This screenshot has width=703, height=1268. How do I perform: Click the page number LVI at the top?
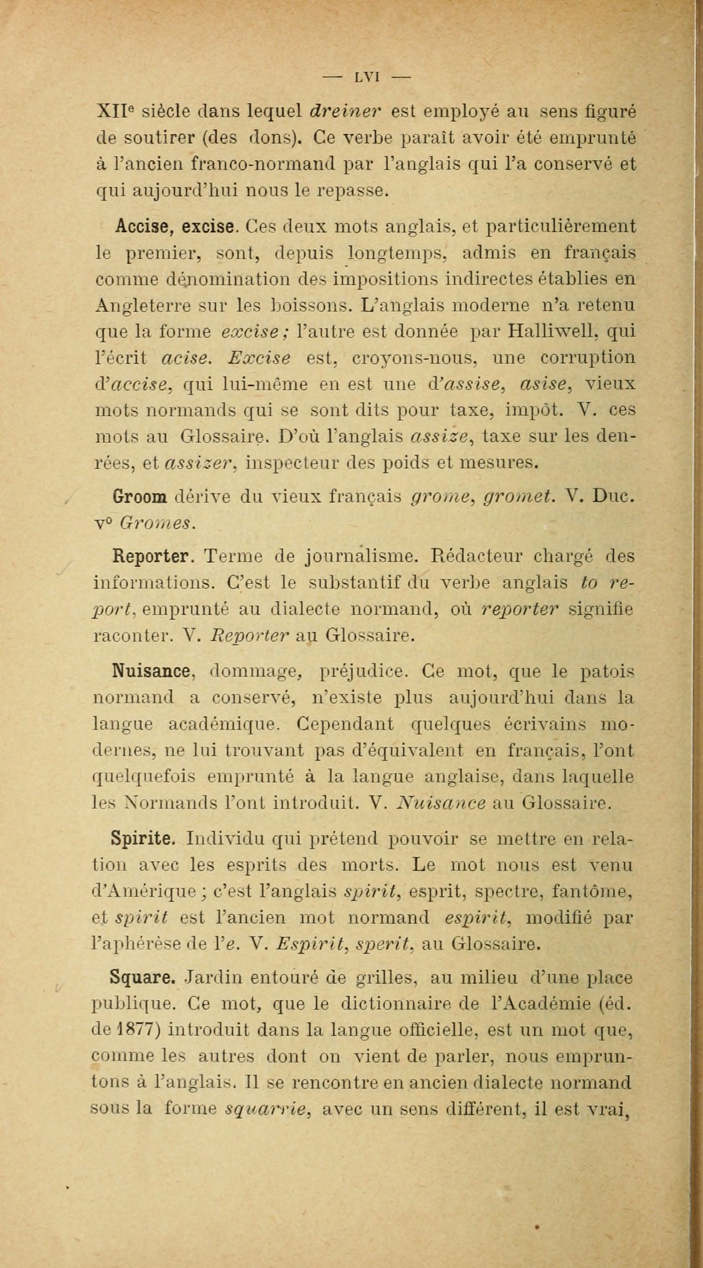366,77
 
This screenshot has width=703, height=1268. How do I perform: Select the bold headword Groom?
142,497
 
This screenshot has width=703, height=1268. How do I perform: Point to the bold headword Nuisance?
151,672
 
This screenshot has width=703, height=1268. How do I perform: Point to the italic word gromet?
520,498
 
